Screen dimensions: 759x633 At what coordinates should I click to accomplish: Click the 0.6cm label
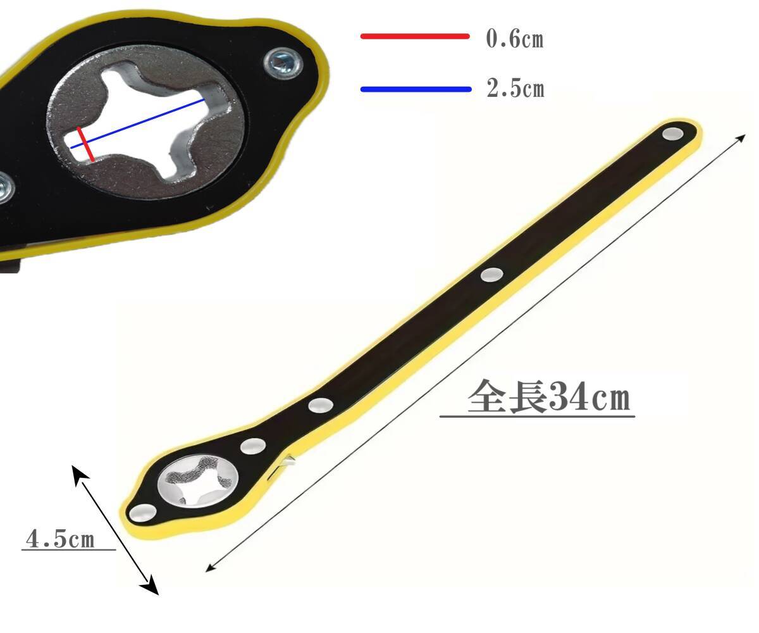[515, 38]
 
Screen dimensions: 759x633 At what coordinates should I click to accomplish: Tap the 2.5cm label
[515, 89]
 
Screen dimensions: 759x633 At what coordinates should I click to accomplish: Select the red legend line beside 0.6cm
[415, 36]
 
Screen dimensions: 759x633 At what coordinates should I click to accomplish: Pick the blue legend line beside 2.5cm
[416, 89]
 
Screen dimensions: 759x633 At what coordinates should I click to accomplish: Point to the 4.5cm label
[60, 539]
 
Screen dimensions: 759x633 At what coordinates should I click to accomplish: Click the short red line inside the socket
[86, 144]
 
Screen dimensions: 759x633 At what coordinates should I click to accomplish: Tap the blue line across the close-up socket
[137, 123]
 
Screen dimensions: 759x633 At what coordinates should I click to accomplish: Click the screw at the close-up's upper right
[283, 63]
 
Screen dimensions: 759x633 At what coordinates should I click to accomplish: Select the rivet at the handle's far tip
[672, 134]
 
